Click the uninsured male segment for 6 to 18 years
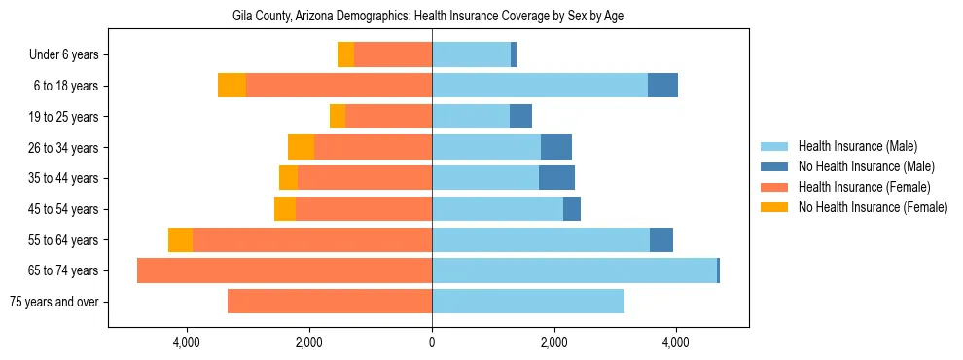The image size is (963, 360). [x=662, y=86]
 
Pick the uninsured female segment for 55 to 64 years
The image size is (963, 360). [x=180, y=239]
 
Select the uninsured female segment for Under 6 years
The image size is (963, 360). [x=345, y=54]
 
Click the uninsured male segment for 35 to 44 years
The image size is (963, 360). [x=556, y=178]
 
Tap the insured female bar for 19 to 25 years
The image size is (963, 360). [x=388, y=117]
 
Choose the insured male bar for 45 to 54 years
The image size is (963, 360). [x=497, y=209]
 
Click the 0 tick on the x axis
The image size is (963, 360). [x=432, y=342]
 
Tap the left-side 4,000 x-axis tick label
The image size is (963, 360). [x=187, y=342]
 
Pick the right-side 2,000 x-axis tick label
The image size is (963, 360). [x=553, y=342]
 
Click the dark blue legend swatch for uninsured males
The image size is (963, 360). [x=774, y=166]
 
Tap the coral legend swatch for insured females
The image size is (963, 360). [x=774, y=187]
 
